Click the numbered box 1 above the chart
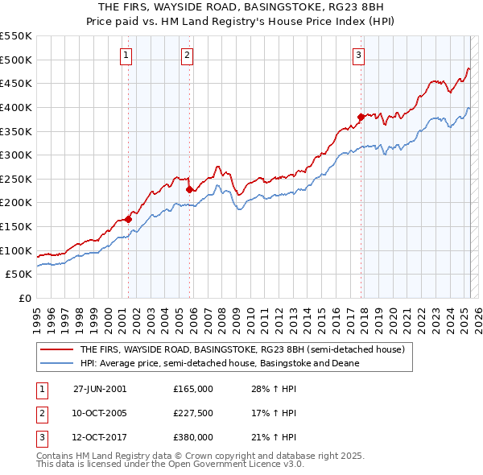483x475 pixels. click(128, 56)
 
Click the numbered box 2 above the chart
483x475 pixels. click(187, 56)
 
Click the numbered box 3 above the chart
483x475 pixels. click(358, 56)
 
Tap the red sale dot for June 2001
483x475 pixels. click(129, 219)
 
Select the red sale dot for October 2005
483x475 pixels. click(189, 190)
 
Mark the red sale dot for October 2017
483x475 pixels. click(361, 117)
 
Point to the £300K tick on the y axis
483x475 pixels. click(17, 155)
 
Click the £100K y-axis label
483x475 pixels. click(17, 250)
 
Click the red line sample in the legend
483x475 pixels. click(57, 350)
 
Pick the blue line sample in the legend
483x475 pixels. click(57, 363)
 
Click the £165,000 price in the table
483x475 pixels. click(193, 388)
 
